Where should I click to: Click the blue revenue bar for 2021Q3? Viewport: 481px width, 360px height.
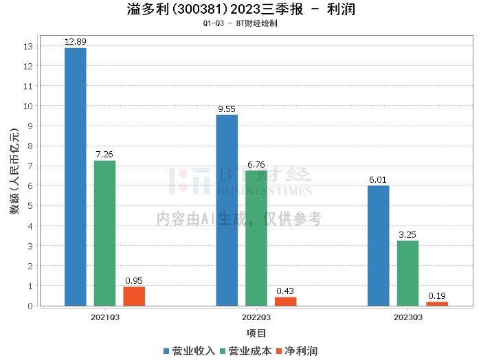point(75,177)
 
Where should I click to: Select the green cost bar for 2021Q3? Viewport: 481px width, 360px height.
point(104,233)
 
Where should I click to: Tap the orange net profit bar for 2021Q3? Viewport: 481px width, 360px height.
point(134,296)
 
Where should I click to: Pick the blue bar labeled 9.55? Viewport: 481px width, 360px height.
point(227,210)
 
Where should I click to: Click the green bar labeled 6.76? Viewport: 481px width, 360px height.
point(256,238)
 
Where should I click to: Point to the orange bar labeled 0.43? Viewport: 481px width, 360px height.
point(286,301)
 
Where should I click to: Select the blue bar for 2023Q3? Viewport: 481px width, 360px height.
point(378,245)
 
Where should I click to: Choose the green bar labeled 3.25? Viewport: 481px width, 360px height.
point(407,273)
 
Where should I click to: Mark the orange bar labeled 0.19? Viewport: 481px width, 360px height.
point(437,304)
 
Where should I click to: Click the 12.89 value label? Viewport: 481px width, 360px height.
point(75,42)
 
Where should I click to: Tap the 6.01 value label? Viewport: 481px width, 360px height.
point(378,180)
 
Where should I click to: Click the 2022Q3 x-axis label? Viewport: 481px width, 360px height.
point(256,317)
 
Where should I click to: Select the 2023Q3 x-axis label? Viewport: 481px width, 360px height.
point(408,317)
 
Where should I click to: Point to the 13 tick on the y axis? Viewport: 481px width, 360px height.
point(28,47)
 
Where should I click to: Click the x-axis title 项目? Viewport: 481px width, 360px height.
point(256,333)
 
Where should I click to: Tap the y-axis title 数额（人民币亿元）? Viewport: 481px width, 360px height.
point(14,175)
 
